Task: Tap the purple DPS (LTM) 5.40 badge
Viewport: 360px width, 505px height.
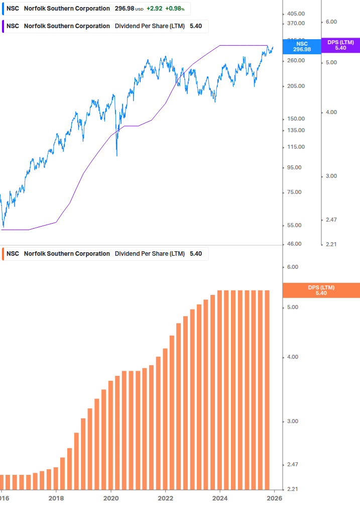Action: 340,45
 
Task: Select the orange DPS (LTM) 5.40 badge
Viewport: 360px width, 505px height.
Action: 321,290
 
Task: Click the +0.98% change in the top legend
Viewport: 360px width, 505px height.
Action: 175,9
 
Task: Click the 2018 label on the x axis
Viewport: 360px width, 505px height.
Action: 56,498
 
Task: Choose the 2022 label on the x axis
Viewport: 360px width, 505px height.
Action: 165,498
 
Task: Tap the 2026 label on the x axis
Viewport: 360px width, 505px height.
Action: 274,498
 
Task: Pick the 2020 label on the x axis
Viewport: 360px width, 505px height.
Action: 110,498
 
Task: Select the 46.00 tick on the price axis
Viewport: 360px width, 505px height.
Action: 295,244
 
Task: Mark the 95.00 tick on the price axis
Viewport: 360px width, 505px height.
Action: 295,167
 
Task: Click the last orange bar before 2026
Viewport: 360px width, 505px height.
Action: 267,389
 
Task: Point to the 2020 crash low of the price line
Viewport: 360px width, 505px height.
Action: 117,155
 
